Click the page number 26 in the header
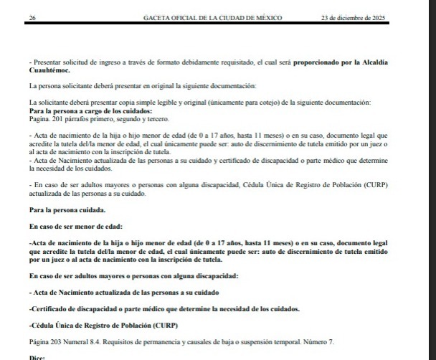click(x=32, y=17)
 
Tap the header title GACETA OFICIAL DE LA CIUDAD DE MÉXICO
click(x=212, y=17)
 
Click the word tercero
click(x=138, y=120)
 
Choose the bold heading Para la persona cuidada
click(x=67, y=211)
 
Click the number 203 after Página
click(x=60, y=341)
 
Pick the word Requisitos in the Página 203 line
click(x=132, y=341)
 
